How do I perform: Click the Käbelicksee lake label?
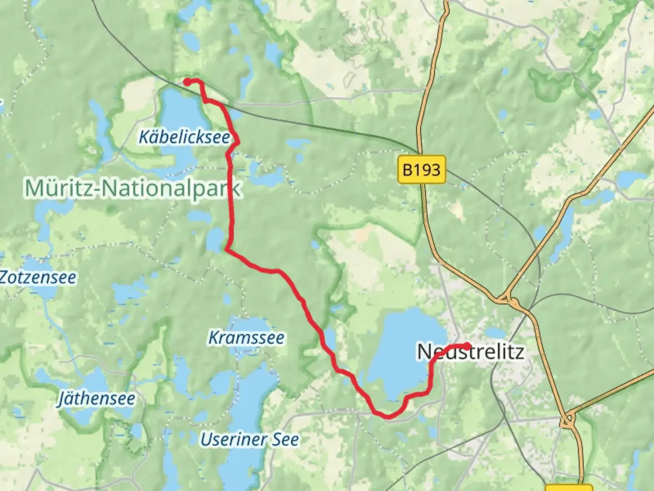pos(184,136)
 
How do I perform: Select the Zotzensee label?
pos(38,277)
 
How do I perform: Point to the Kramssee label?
pos(246,338)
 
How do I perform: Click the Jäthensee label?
pos(96,399)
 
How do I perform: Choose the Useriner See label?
pos(250,440)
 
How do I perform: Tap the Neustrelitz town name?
pos(471,352)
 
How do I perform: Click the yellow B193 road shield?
pos(421,170)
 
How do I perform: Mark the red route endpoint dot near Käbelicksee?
pos(187,82)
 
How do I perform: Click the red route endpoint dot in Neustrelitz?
pos(467,346)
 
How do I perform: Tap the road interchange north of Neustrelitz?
pos(508,300)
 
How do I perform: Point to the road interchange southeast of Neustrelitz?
pos(566,421)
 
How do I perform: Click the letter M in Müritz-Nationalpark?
pos(34,188)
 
